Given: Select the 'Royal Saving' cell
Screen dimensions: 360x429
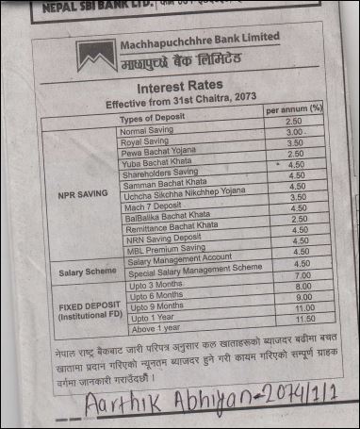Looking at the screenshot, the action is pos(144,141).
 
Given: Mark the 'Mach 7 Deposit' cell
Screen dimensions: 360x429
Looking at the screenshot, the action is pos(152,205).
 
